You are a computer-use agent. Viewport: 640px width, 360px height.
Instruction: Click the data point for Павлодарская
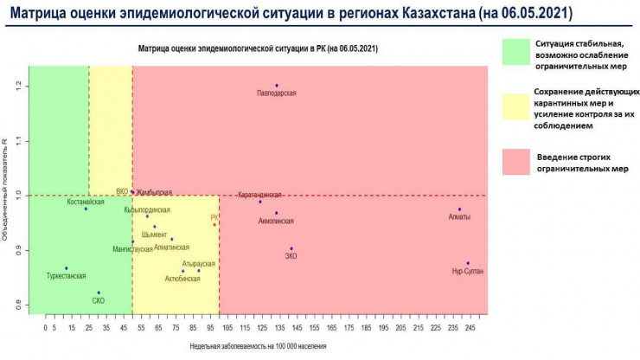click(277, 86)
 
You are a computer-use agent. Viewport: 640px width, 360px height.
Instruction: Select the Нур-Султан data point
click(468, 263)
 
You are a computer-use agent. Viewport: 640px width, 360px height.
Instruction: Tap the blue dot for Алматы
click(460, 209)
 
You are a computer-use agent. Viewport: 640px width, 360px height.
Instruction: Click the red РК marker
click(215, 225)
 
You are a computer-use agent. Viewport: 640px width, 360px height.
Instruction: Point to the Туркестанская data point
click(67, 268)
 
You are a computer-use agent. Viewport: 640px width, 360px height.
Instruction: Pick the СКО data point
click(99, 292)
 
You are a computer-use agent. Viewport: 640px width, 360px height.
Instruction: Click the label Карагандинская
click(259, 196)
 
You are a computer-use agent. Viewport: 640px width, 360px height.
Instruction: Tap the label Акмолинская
click(276, 222)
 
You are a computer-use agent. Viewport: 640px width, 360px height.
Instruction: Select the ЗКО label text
click(291, 257)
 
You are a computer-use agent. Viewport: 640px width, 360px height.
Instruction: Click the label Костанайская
click(86, 202)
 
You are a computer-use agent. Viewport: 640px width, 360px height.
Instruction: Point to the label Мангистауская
click(132, 249)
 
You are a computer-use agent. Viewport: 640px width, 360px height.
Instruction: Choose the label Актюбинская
click(182, 279)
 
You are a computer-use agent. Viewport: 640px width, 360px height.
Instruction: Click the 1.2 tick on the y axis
click(18, 86)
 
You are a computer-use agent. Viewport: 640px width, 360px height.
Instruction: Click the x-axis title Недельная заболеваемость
click(258, 346)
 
